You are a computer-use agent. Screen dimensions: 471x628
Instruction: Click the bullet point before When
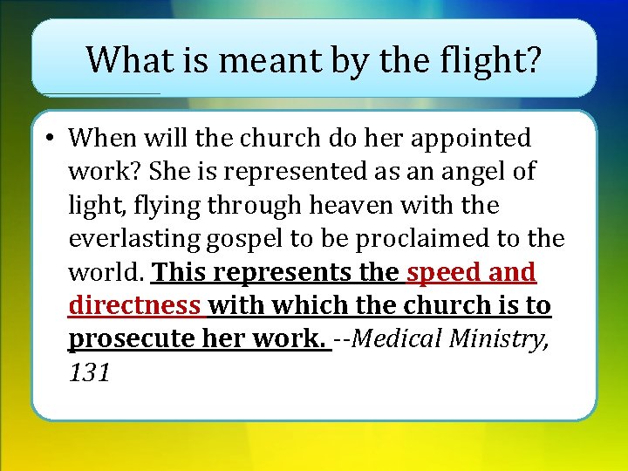(x=52, y=138)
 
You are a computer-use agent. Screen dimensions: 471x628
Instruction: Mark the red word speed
(x=444, y=273)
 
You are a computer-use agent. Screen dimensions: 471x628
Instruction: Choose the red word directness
(x=133, y=306)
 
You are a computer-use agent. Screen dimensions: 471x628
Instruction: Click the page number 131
(x=89, y=373)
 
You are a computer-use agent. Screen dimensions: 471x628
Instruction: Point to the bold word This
(x=180, y=273)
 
